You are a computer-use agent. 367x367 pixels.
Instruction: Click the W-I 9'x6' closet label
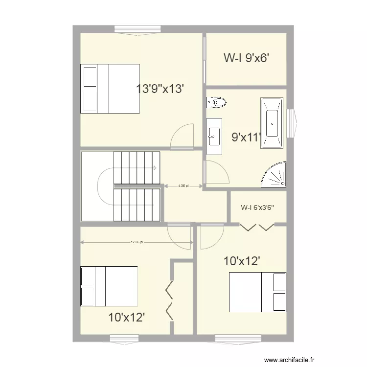pos(247,58)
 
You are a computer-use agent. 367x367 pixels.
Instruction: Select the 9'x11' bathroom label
pos(246,138)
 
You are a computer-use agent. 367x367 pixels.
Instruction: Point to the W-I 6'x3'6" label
pos(257,207)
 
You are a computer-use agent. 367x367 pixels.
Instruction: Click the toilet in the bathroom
pos(216,102)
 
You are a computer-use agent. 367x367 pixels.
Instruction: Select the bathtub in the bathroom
pos(272,123)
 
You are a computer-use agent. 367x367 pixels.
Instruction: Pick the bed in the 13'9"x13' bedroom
pos(111,89)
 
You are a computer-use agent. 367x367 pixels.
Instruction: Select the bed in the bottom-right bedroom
pos(257,292)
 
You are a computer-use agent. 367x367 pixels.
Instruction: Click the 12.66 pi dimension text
pos(137,242)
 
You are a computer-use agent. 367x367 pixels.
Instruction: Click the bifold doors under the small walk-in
pos(257,227)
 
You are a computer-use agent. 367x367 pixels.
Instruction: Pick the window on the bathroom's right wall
pos(292,123)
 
